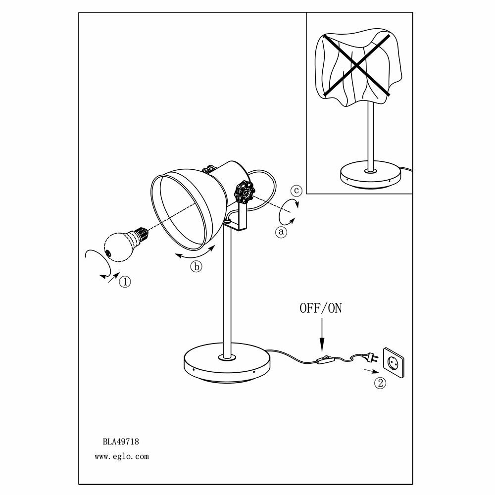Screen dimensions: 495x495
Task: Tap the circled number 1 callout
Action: click(125, 282)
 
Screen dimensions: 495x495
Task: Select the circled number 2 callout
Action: click(380, 383)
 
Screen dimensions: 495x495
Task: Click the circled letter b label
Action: click(196, 267)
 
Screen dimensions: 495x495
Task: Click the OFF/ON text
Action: click(321, 308)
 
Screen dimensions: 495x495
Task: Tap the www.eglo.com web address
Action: click(121, 457)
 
